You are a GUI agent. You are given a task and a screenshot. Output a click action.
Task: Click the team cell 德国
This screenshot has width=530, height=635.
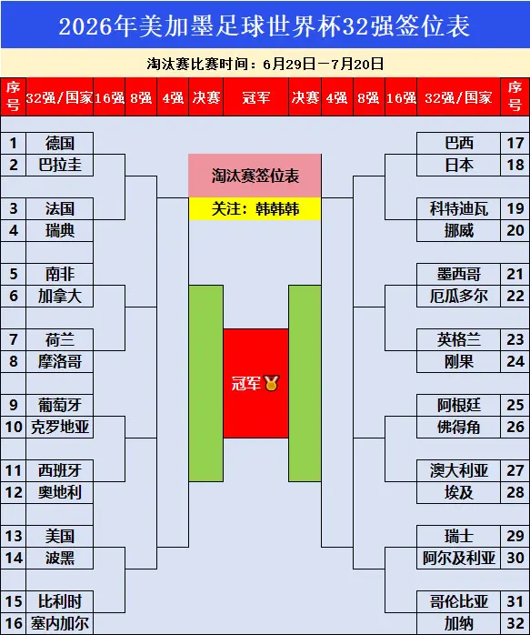click(x=59, y=143)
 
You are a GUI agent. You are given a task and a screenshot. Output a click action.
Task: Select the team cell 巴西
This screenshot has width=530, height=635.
click(x=458, y=143)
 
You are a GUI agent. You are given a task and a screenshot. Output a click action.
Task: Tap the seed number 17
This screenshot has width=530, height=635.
click(x=515, y=143)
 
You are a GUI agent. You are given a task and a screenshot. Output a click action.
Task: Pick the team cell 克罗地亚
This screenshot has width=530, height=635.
click(x=59, y=428)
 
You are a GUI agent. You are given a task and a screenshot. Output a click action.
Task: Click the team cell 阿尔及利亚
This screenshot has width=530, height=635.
click(x=458, y=559)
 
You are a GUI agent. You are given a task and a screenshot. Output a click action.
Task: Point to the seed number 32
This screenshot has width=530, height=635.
click(x=515, y=624)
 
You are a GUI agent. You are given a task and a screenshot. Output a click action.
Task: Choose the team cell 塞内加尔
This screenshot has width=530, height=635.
click(x=59, y=624)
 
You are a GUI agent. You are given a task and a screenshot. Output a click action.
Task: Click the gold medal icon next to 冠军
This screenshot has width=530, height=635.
click(x=271, y=383)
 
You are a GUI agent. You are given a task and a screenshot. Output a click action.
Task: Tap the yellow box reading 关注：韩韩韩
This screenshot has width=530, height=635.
click(x=255, y=209)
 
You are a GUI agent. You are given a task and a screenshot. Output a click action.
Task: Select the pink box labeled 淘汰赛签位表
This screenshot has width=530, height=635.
click(x=255, y=176)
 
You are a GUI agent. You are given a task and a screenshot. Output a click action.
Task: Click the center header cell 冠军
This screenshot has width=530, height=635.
click(x=255, y=97)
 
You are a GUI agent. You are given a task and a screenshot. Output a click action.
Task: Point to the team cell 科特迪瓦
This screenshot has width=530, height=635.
click(x=458, y=208)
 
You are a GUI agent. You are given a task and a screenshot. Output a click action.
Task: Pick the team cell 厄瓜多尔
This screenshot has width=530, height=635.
click(x=458, y=296)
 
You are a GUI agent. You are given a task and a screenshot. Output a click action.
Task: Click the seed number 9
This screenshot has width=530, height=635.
click(x=14, y=406)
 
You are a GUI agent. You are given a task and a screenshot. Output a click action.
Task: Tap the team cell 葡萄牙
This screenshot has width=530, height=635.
click(x=59, y=406)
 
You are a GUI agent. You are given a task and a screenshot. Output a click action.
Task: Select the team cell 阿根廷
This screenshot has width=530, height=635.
click(x=458, y=406)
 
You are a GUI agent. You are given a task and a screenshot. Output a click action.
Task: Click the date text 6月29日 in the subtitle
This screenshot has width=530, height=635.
click(x=289, y=64)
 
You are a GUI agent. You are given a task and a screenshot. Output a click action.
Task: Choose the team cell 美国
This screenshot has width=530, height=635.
click(x=59, y=537)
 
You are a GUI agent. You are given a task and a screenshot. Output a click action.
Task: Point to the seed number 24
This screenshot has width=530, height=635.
click(x=515, y=362)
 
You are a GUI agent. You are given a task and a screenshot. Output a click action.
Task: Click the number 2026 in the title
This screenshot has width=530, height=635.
click(x=85, y=26)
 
